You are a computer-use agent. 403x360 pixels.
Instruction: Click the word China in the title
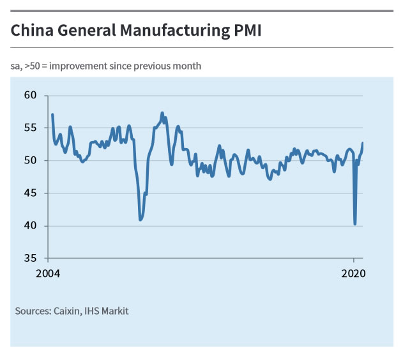[x=31, y=30]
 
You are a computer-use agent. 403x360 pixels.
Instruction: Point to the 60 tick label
[x=31, y=96]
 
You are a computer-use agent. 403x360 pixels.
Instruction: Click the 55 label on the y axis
[x=31, y=128]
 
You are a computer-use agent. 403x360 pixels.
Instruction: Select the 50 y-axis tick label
[x=31, y=161]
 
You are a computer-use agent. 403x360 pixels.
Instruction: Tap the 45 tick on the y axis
[x=31, y=193]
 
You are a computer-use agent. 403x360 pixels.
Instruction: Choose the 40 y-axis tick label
[x=31, y=226]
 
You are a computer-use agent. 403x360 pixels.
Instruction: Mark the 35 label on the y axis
[x=31, y=259]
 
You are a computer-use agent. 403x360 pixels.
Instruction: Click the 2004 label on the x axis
[x=47, y=274]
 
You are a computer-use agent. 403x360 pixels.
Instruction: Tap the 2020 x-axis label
[x=353, y=274]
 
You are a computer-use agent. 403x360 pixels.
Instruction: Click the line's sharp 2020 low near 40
[x=355, y=223]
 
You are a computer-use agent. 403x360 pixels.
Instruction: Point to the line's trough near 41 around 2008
[x=141, y=220]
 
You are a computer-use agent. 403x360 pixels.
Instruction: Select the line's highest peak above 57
[x=162, y=113]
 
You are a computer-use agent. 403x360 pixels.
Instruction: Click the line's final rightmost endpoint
[x=363, y=143]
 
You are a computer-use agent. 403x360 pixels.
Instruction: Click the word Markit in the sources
[x=116, y=311]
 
